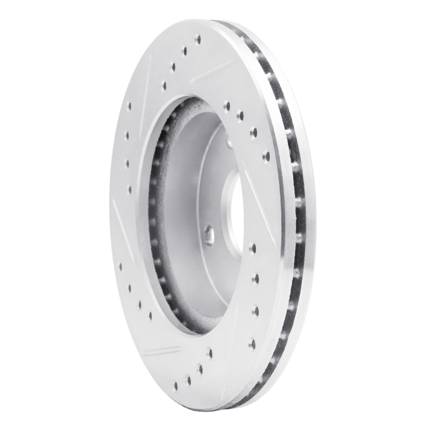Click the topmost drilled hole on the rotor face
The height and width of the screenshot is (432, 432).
(198, 39)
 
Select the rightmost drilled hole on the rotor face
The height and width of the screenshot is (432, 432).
(266, 157)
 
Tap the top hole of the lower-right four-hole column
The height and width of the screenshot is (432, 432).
(253, 248)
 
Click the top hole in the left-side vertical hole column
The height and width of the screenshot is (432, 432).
(129, 105)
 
